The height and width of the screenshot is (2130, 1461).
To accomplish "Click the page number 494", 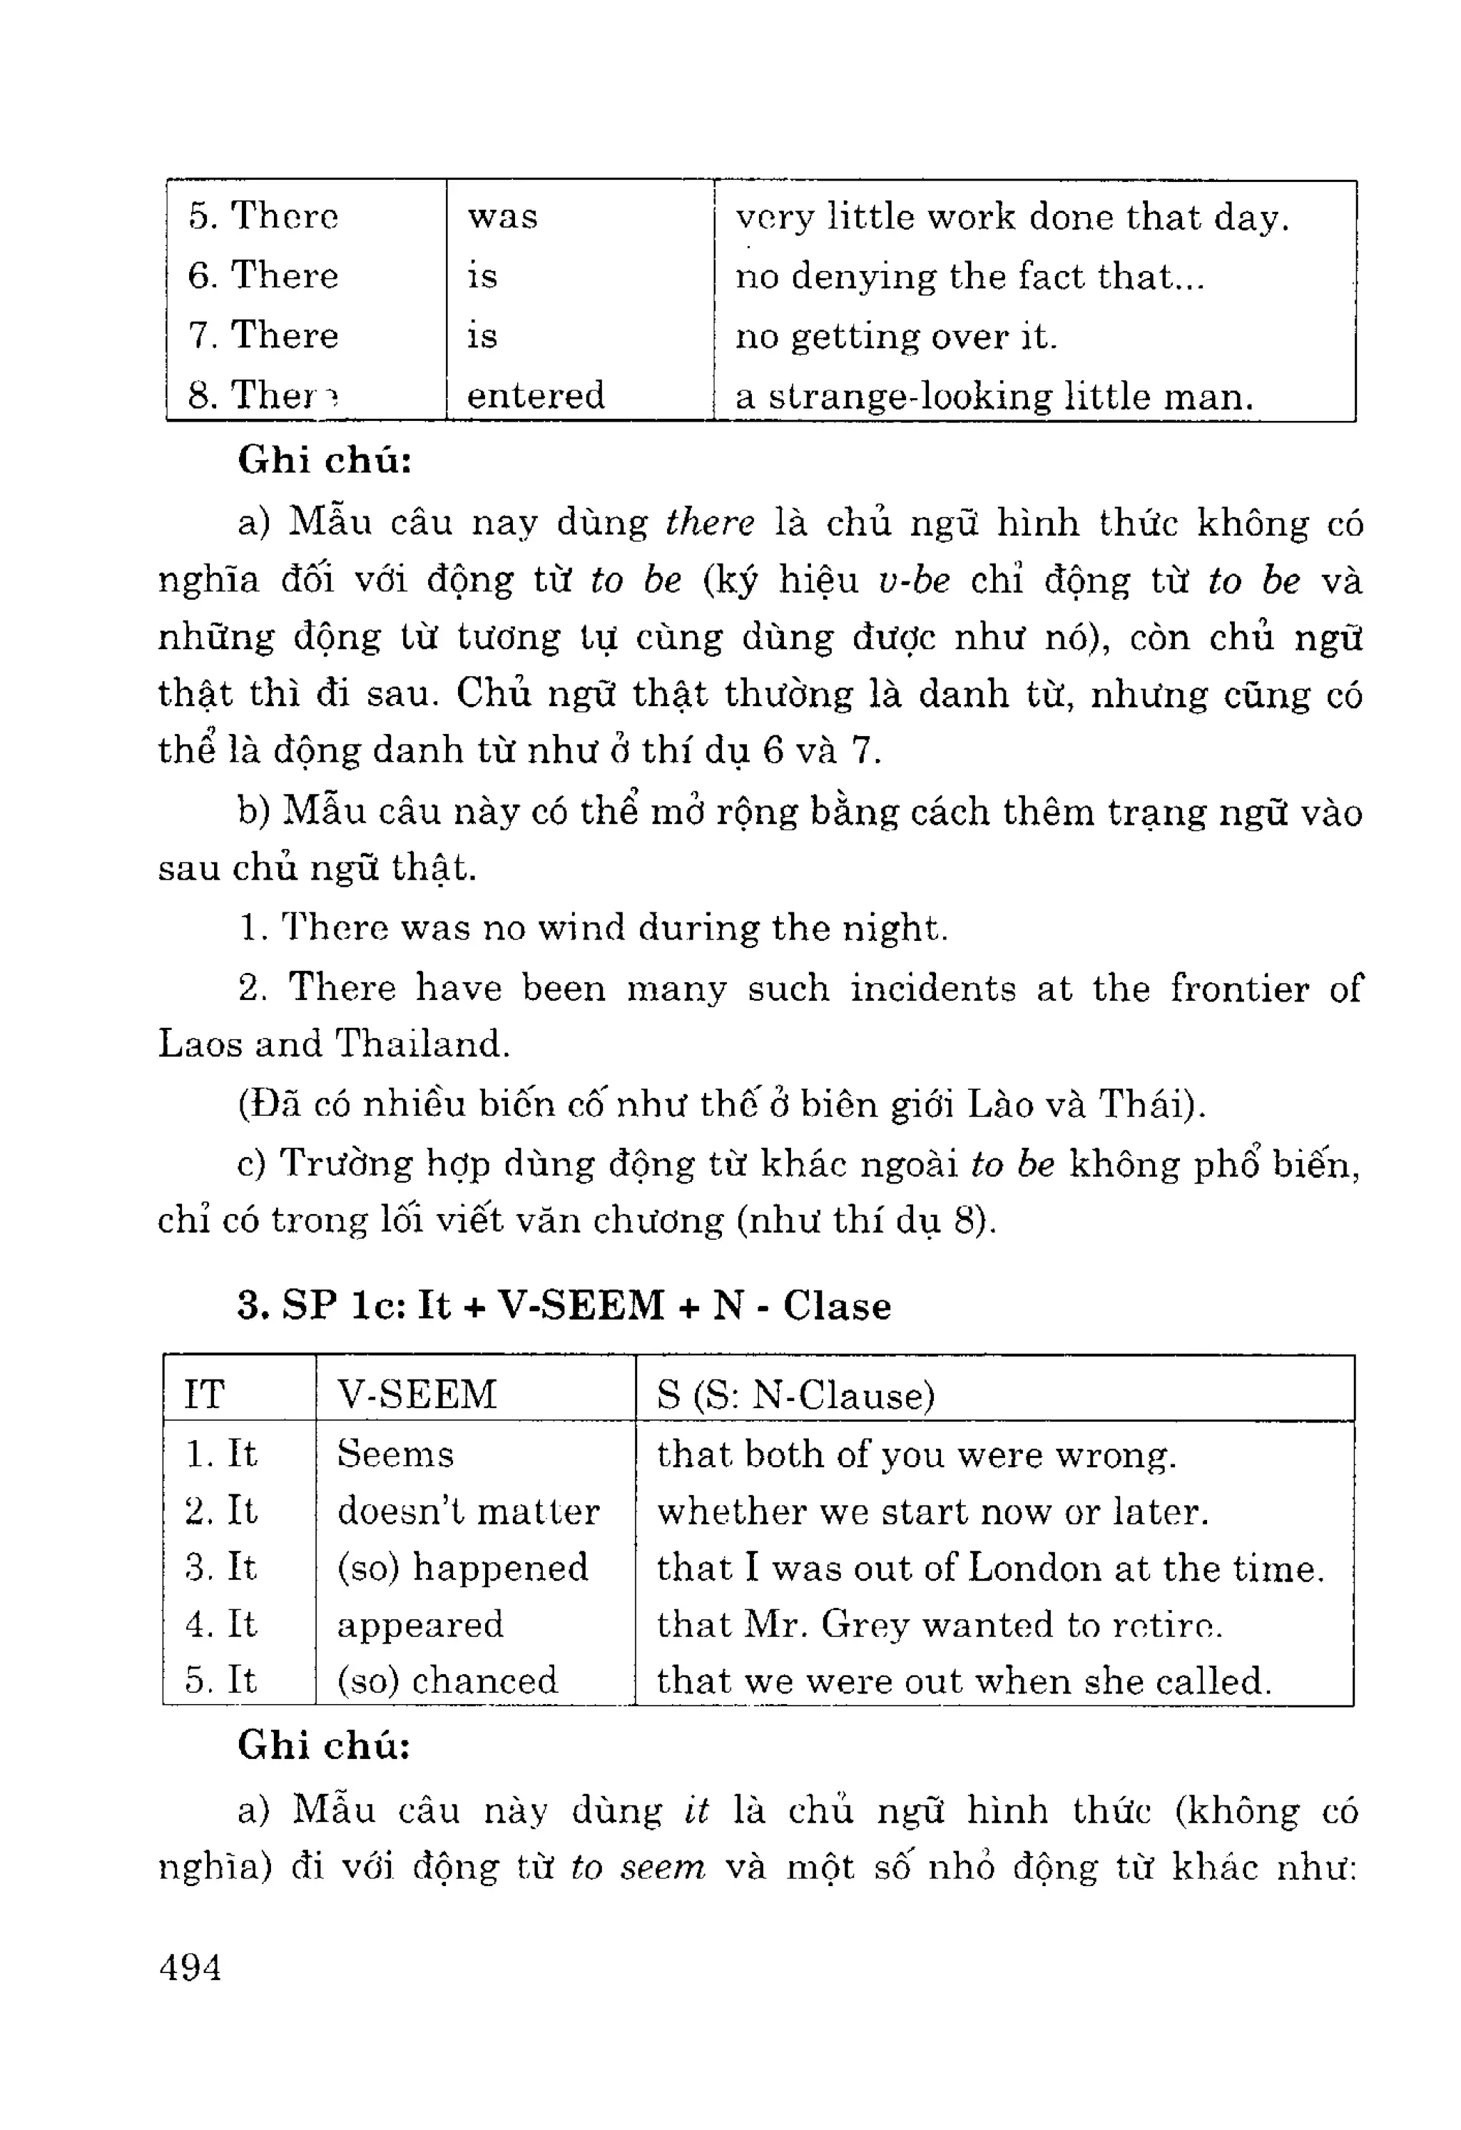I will [190, 1967].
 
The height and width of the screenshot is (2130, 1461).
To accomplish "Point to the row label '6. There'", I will [263, 275].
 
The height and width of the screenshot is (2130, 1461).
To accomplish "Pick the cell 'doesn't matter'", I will [467, 1512].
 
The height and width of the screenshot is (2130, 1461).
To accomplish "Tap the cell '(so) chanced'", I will [447, 1680].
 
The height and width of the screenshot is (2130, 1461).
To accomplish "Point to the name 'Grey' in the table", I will [865, 1624].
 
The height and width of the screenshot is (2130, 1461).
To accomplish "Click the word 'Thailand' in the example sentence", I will [421, 1044].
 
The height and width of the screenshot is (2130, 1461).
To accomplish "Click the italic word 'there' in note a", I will [709, 522].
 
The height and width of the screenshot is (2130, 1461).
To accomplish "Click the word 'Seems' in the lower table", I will [395, 1454].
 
